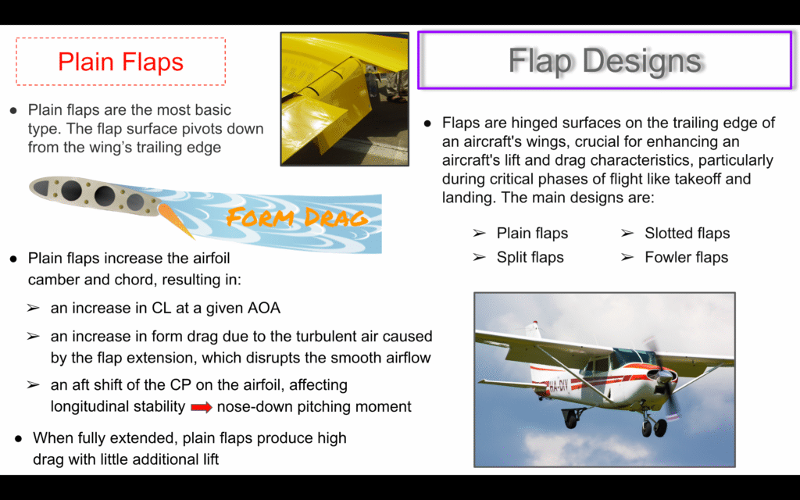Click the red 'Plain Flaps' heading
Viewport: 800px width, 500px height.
(120, 62)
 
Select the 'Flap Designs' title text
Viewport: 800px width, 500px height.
(605, 61)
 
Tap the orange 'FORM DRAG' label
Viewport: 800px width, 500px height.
(297, 217)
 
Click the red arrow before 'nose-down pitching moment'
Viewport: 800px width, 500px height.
(201, 407)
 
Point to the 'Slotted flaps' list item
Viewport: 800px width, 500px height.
(687, 233)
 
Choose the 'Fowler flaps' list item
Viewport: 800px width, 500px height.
(686, 257)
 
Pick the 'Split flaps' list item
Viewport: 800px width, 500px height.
(530, 257)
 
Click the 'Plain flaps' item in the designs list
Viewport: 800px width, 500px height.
(532, 233)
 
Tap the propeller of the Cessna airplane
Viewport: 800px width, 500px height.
(664, 375)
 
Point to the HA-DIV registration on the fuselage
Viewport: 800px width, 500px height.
(559, 385)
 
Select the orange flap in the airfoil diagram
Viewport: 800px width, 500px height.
(174, 220)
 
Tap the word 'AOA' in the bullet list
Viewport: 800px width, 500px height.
(264, 308)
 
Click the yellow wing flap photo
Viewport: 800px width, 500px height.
(345, 99)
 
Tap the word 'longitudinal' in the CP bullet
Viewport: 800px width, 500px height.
(89, 406)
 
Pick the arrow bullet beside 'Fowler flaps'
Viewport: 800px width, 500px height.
(627, 257)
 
